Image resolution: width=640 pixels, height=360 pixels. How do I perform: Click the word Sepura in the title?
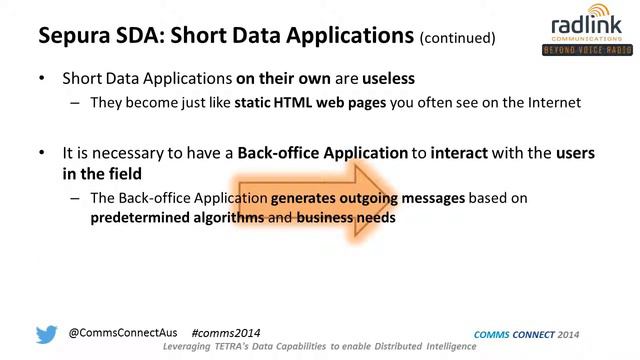pyautogui.click(x=72, y=36)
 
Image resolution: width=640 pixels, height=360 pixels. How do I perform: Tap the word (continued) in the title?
pyautogui.click(x=458, y=38)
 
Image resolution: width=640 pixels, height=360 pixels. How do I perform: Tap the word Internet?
pyautogui.click(x=546, y=102)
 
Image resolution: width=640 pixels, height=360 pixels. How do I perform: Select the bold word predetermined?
pyautogui.click(x=141, y=217)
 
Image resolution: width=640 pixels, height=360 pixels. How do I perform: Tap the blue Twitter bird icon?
pyautogui.click(x=46, y=334)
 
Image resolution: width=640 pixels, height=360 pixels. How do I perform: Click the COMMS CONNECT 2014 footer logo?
pyautogui.click(x=524, y=334)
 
